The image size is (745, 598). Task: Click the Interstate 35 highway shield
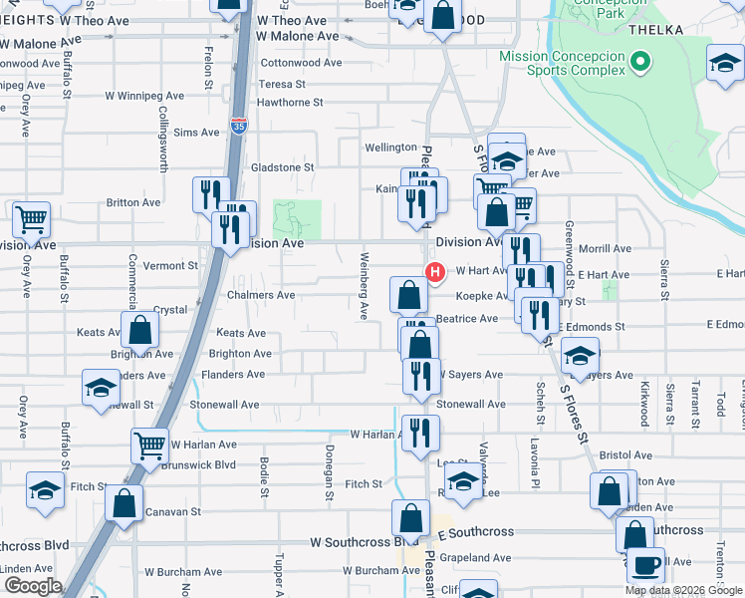(238, 126)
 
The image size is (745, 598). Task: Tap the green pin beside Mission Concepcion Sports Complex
(641, 66)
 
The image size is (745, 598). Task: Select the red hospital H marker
(434, 270)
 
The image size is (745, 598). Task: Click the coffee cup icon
(644, 565)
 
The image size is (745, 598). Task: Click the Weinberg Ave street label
(364, 286)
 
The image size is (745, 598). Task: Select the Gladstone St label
(282, 167)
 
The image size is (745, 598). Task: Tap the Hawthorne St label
(290, 103)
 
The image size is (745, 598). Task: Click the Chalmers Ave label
(260, 295)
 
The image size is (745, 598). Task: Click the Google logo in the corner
(33, 585)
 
